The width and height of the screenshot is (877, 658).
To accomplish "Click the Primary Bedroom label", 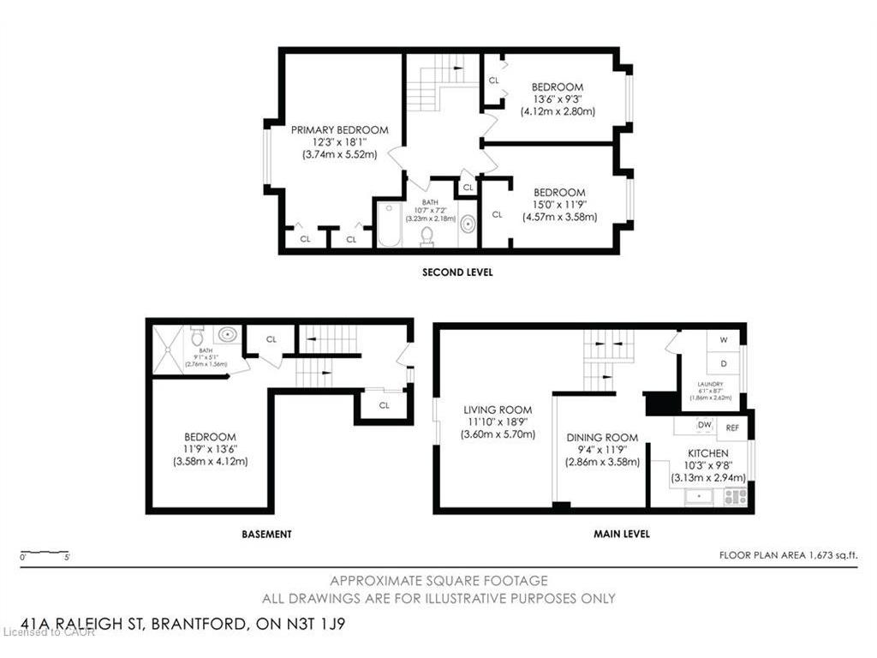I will coord(339,130).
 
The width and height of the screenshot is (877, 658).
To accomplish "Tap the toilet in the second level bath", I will coord(427,234).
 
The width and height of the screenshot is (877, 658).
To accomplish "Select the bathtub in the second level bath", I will coord(391,225).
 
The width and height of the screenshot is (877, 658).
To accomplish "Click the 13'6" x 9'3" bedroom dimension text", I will coord(558,99).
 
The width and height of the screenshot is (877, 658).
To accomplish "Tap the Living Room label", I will coord(498,410).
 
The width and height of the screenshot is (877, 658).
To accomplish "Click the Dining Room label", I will coord(603,437).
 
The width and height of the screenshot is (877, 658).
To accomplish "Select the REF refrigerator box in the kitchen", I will coord(733,427).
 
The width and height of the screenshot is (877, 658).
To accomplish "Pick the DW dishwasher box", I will coord(705,425).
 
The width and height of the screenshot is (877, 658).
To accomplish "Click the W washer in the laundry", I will coord(724,340).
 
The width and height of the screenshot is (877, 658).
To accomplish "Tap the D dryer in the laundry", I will coord(724,362).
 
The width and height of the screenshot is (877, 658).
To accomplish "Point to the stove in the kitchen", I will coord(735,496).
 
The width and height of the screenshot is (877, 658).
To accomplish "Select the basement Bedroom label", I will coord(209,437).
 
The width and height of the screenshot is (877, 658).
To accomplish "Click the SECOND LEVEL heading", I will coord(457,272).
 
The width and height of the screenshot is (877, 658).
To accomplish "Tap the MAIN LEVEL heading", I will coord(622,534).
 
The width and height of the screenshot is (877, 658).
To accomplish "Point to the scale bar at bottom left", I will coord(45,553).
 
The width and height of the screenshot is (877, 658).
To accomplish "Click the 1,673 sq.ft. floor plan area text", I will coord(788,555).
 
